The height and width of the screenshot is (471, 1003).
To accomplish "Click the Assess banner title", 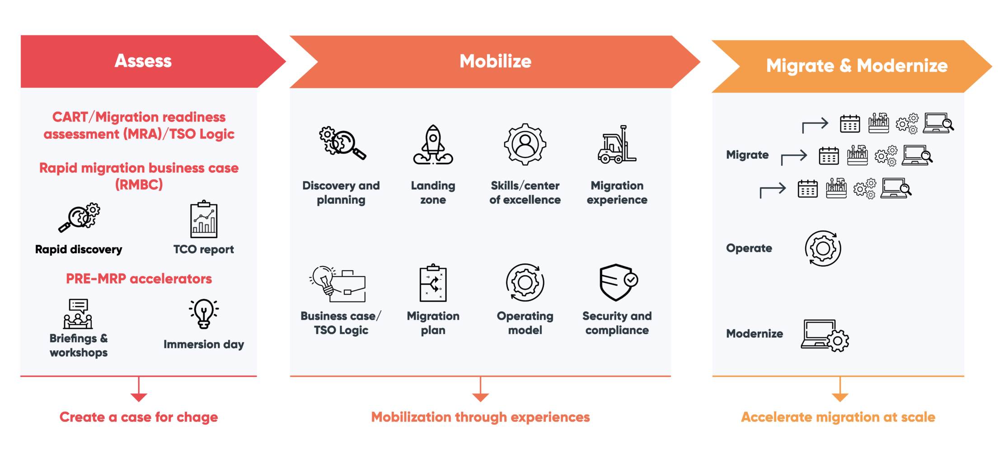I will click(143, 61).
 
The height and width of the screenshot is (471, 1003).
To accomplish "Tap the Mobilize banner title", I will click(495, 61).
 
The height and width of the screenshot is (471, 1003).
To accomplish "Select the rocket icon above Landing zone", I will click(433, 145).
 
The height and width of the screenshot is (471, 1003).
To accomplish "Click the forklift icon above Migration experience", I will click(617, 145).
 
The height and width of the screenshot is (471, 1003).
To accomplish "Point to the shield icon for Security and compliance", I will click(617, 283).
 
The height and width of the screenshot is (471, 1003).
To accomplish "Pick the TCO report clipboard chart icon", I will click(204, 220).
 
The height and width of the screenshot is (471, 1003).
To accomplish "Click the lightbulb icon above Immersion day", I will click(204, 313).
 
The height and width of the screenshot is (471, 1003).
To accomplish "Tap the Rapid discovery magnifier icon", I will click(80, 217).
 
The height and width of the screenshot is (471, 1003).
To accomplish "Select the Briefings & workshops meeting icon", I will click(78, 314).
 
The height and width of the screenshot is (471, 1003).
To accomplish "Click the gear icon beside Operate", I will click(823, 248).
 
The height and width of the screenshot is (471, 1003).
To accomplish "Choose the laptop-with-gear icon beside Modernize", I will click(825, 335).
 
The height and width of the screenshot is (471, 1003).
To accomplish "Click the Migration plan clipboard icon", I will click(433, 283).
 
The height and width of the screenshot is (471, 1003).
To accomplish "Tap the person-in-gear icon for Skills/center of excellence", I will click(525, 145).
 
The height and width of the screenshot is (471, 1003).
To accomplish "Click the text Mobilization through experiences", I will click(480, 417).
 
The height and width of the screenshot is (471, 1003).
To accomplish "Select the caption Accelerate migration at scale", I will click(838, 417).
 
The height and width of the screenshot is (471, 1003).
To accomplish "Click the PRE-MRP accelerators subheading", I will click(139, 278).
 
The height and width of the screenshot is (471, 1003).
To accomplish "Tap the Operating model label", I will click(525, 323).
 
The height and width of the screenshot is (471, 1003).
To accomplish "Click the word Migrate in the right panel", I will click(747, 155).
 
